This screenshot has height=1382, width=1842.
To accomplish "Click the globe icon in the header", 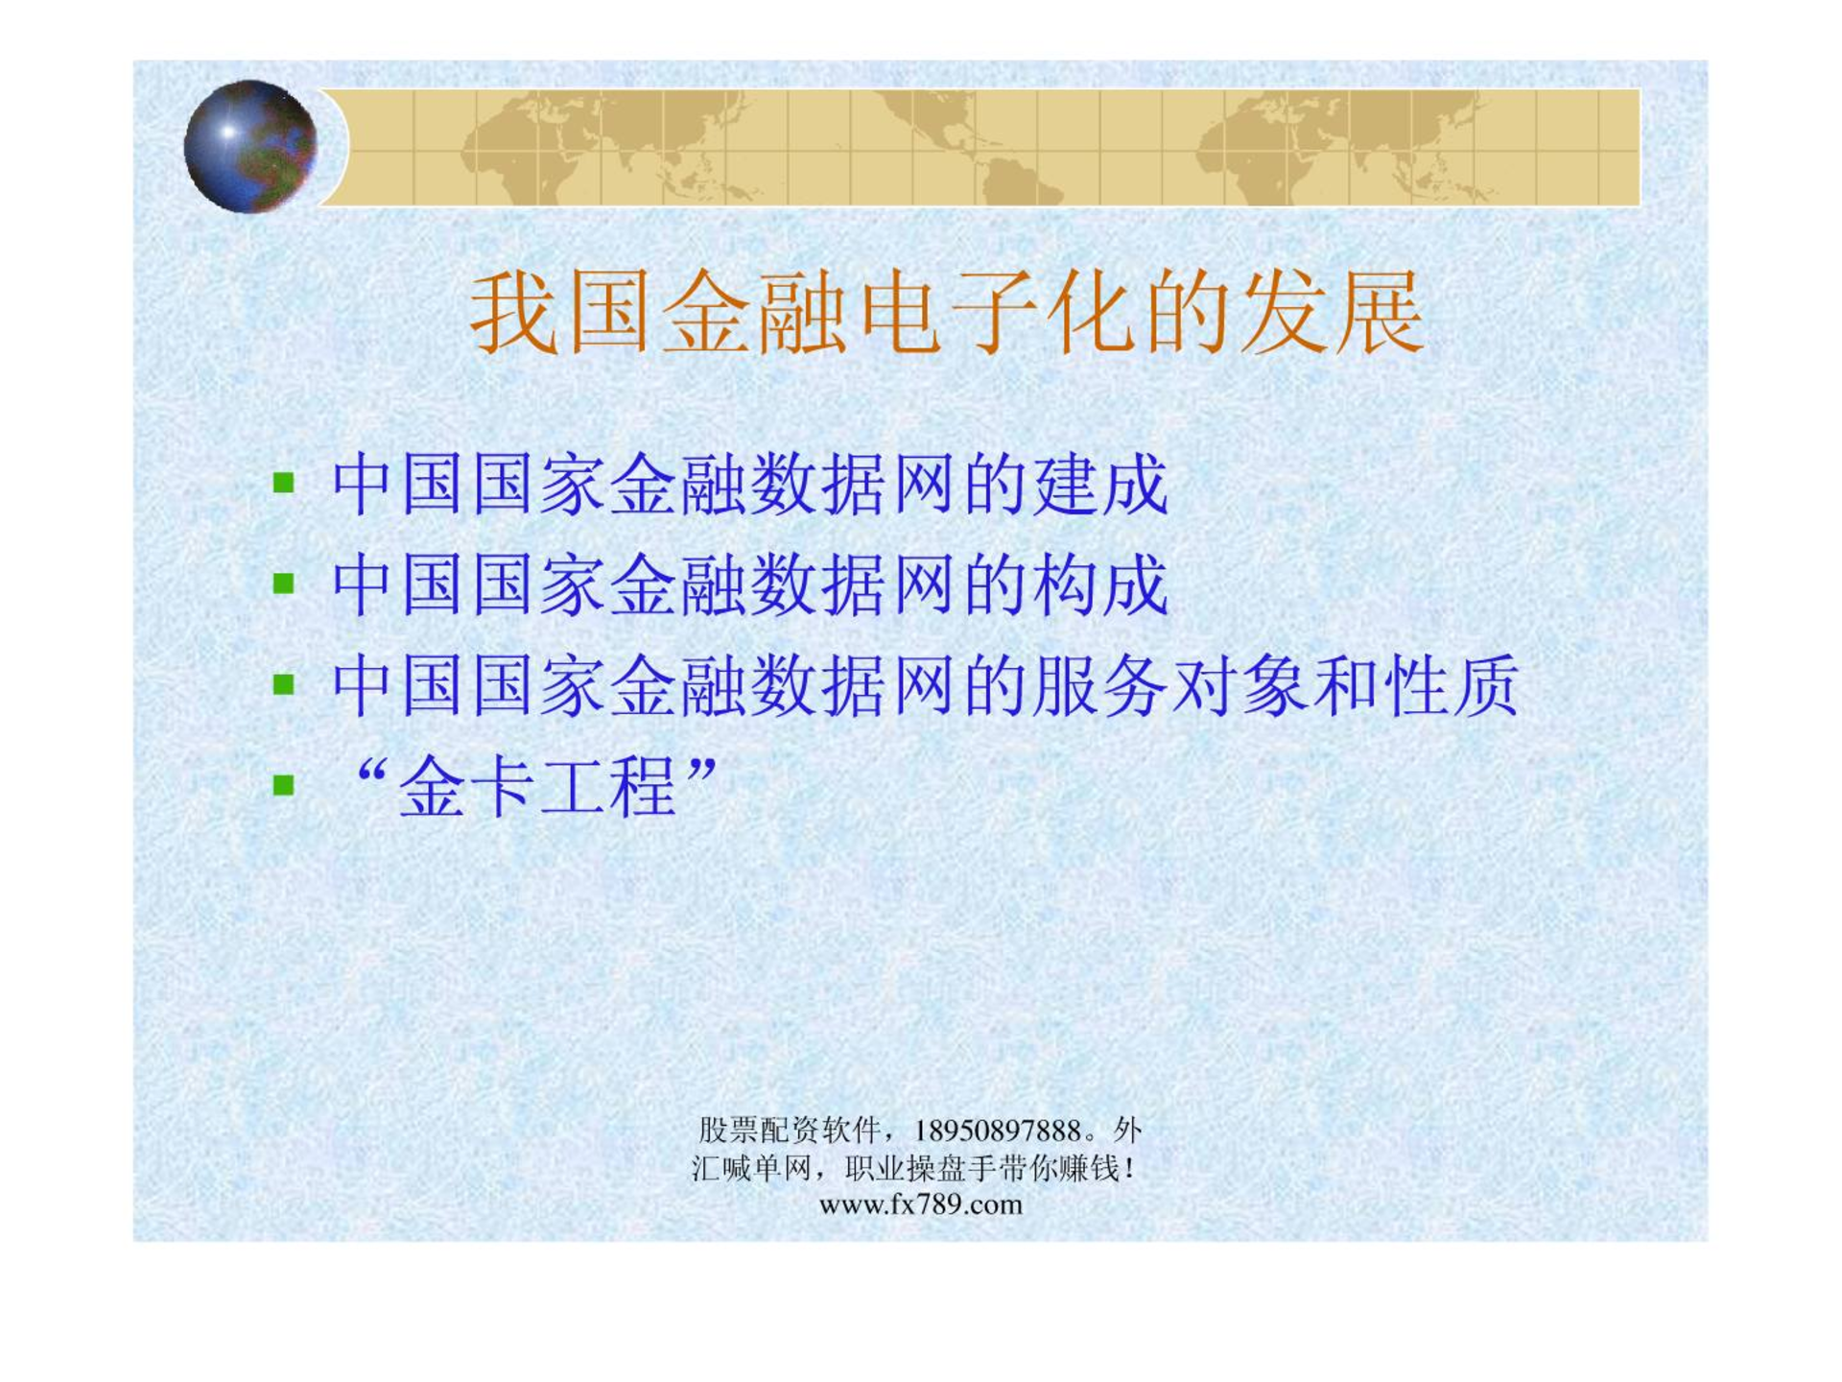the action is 250,146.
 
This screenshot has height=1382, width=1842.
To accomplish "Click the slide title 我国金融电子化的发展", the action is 946,313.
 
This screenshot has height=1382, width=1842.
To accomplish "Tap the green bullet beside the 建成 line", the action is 283,482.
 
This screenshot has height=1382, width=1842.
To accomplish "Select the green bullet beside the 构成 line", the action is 283,583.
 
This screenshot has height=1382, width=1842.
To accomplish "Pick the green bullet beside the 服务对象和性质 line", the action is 283,684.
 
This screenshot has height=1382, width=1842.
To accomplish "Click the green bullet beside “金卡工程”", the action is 283,786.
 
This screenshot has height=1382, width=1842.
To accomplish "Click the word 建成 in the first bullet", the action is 1100,484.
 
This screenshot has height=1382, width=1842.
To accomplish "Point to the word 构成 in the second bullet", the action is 1100,584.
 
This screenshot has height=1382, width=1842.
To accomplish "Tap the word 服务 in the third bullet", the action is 1100,685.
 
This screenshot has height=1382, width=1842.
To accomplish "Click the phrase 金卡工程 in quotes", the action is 538,787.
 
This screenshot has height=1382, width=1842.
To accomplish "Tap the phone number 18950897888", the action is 998,1132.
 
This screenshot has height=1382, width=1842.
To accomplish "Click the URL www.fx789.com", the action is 921,1204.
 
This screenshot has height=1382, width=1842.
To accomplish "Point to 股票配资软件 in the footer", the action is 790,1131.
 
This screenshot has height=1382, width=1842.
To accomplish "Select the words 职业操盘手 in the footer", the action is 921,1168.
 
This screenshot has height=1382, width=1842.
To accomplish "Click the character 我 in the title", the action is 514,313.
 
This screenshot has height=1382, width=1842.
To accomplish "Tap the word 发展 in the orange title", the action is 1333,313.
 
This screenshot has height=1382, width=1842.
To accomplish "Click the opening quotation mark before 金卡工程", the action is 370,770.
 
